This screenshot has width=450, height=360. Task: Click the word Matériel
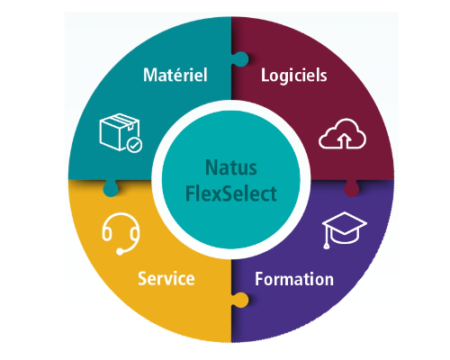point(175,75)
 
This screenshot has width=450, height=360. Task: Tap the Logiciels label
point(294,76)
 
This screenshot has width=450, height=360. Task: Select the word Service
point(166,279)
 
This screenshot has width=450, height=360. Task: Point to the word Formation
point(294,279)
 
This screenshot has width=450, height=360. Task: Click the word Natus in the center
point(231,167)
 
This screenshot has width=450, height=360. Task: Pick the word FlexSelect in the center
point(231,193)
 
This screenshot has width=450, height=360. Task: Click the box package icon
point(121,132)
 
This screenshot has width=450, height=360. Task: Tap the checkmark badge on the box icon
point(134,145)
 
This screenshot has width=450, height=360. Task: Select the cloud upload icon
point(342,134)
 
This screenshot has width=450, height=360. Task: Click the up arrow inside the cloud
point(345,141)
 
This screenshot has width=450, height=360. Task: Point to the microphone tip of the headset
point(120,252)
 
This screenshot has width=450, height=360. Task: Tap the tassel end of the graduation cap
point(327,247)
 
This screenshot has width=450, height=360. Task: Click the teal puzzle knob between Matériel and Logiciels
point(240,59)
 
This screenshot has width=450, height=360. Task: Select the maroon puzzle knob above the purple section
point(351,188)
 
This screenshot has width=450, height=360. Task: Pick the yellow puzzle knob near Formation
point(240,300)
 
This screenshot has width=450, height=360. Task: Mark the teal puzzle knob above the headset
point(111,188)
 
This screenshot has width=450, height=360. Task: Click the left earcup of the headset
point(107,234)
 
